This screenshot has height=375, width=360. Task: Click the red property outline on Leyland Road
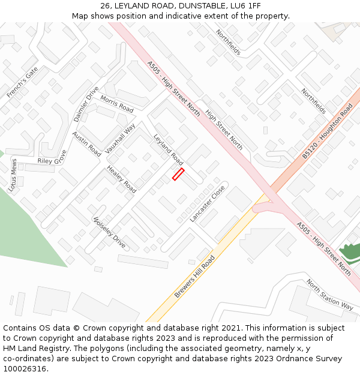click(178, 174)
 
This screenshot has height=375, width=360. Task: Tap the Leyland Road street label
click(169, 150)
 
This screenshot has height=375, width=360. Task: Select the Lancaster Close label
click(207, 204)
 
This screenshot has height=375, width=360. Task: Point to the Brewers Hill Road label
click(194, 277)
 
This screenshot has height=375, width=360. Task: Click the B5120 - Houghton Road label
click(328, 131)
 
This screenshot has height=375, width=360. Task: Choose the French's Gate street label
click(22, 83)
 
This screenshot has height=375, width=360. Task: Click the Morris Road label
click(117, 104)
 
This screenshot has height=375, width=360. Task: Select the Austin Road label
click(86, 144)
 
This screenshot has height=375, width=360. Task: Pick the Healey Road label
click(121, 179)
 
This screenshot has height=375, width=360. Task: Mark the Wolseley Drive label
click(109, 233)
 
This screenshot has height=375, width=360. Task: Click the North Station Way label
click(330, 295)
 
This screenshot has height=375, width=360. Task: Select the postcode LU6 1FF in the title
click(247, 5)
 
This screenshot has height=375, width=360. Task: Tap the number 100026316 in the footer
click(24, 369)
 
